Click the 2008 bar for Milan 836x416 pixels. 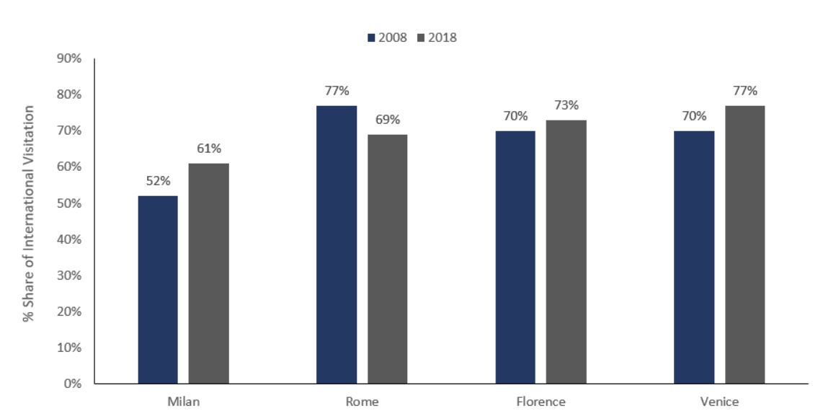[158, 290]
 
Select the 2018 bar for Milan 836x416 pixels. [208, 274]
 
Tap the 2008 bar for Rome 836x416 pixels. [337, 245]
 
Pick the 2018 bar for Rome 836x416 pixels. [387, 260]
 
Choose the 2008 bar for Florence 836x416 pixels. [515, 257]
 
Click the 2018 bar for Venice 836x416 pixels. [744, 245]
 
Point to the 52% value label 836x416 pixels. [158, 181]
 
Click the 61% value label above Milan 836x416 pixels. [208, 149]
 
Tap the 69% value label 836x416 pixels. [387, 120]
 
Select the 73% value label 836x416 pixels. [566, 105]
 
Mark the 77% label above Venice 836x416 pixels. [744, 91]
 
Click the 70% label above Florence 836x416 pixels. [515, 116]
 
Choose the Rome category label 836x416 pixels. [362, 402]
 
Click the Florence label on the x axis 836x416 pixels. [541, 402]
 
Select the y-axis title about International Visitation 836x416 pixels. [29, 213]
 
